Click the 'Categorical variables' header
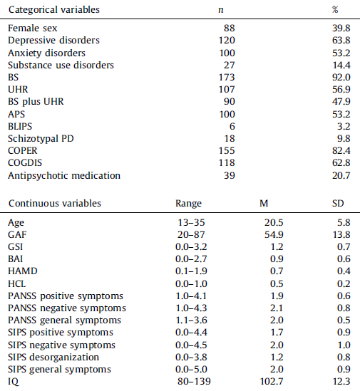[53, 9]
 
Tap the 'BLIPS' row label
[21, 126]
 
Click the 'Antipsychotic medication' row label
[63, 175]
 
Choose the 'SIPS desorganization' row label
[54, 357]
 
